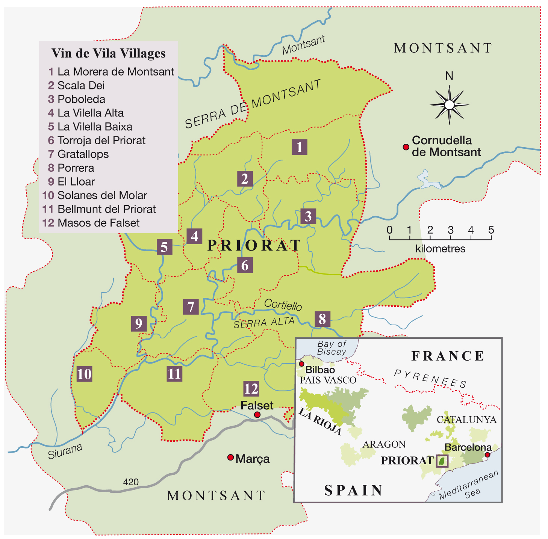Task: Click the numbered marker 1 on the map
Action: point(299,147)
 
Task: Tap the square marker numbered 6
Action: point(245,265)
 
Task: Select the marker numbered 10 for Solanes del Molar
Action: point(84,374)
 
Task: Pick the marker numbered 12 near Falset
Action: point(251,388)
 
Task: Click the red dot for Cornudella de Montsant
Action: point(406,147)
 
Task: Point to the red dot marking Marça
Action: point(230,457)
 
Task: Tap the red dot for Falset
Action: point(257,415)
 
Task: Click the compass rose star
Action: point(449,104)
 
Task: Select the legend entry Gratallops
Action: point(83,154)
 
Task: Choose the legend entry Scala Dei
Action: point(80,85)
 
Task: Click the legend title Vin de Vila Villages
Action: point(108,53)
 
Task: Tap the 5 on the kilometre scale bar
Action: point(491,230)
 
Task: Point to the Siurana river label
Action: point(65,451)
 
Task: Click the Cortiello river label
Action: point(283,305)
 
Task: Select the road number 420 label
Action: point(131,482)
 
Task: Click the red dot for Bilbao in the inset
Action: point(301,364)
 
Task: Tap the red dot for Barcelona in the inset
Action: point(487,455)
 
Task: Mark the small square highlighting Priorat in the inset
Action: point(442,460)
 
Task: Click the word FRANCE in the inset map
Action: point(448,356)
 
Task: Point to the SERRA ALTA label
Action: point(264,322)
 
